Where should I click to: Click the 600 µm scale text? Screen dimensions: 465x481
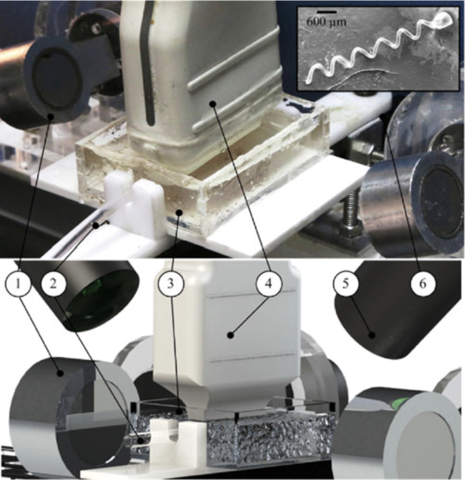point(326,22)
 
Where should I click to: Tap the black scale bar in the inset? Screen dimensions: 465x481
point(326,12)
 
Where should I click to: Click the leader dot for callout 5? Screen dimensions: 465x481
point(372,335)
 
